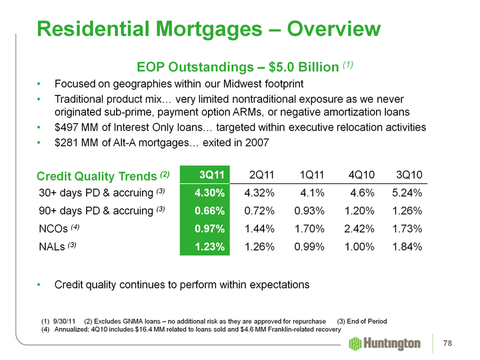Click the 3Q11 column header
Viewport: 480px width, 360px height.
[x=210, y=175]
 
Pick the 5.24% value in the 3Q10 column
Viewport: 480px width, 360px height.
[x=407, y=193]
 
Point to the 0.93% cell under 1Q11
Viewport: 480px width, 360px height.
[x=309, y=211]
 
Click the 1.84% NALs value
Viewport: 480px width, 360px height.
[x=407, y=247]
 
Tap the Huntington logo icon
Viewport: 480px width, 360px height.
[x=355, y=343]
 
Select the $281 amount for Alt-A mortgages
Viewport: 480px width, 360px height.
[x=68, y=142]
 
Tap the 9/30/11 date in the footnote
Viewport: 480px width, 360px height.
[x=65, y=322]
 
